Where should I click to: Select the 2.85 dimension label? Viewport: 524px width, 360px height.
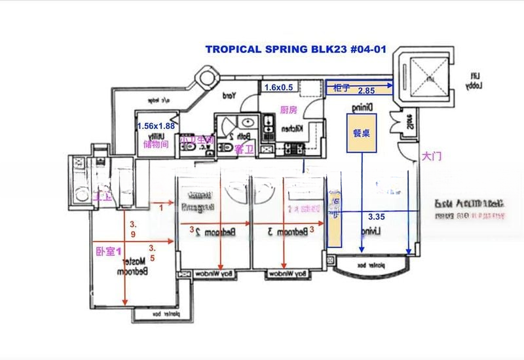(366, 92)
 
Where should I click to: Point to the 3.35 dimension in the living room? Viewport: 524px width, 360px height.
(377, 217)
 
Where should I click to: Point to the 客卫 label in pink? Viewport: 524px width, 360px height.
(243, 149)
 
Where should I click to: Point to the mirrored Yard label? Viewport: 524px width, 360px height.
(229, 96)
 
